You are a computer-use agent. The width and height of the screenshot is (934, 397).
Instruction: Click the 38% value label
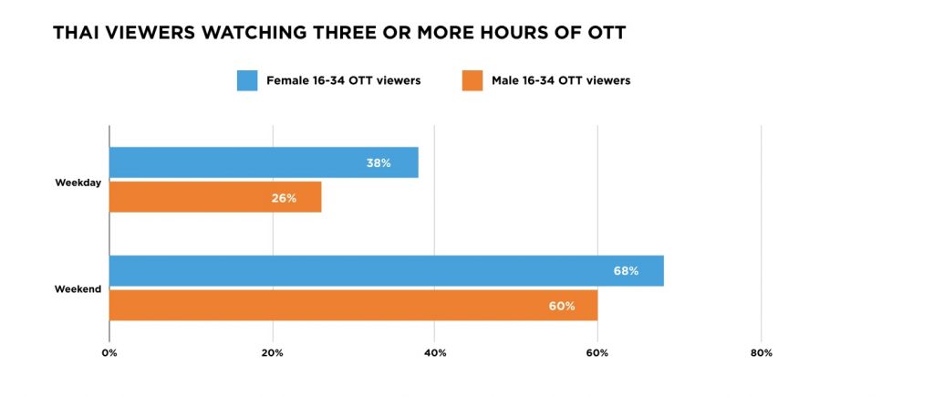click(379, 163)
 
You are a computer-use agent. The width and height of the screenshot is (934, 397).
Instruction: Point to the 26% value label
click(284, 198)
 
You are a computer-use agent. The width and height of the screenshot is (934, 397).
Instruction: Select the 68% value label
click(626, 271)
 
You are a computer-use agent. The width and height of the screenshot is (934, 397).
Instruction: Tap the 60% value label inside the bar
click(562, 306)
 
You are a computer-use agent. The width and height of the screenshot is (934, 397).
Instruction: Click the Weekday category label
click(78, 182)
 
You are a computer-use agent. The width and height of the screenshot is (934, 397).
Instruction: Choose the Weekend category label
click(78, 289)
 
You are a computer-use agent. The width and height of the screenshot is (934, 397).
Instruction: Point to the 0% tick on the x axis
click(109, 353)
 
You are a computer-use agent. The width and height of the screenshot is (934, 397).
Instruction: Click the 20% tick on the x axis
click(272, 353)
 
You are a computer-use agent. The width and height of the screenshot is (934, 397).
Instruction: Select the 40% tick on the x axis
click(435, 353)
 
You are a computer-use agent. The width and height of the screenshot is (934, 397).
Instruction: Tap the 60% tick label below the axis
click(597, 353)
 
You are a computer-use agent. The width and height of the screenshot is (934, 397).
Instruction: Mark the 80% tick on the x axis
click(761, 353)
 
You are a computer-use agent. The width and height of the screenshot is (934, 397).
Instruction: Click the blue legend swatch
click(247, 80)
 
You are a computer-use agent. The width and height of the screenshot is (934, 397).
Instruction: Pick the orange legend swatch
click(472, 80)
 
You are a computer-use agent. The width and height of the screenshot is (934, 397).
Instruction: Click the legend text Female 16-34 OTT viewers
click(343, 80)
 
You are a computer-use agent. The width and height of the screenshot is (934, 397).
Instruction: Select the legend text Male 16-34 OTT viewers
click(561, 80)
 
